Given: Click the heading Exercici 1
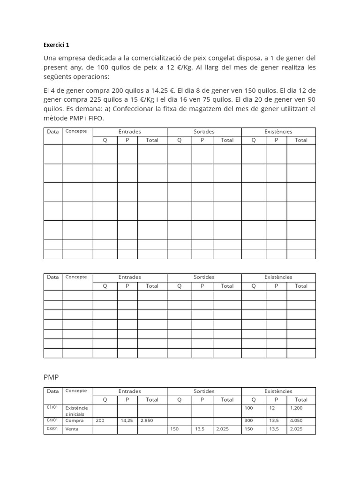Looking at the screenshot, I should (56, 45).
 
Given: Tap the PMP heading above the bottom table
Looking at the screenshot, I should (51, 377).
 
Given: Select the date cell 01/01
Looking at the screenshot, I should (52, 407).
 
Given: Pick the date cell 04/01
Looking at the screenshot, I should (52, 420).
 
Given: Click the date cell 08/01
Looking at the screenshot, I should (52, 429).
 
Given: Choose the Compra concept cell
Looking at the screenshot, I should (75, 420).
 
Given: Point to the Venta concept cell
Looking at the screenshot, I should (72, 429).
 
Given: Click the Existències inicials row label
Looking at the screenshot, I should (76, 411).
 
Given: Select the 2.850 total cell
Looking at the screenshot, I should (147, 420).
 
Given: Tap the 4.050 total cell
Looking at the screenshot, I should (296, 420).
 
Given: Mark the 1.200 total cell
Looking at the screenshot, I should (296, 408).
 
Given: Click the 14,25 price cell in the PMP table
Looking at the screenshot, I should (127, 420).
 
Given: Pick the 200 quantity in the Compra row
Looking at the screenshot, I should (100, 420).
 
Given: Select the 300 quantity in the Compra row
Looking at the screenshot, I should (249, 420).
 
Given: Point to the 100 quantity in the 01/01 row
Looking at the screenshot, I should (249, 408).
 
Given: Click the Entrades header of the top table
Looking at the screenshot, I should (130, 132).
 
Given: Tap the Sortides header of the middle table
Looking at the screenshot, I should (204, 277).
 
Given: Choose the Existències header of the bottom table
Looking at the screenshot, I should (278, 391).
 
